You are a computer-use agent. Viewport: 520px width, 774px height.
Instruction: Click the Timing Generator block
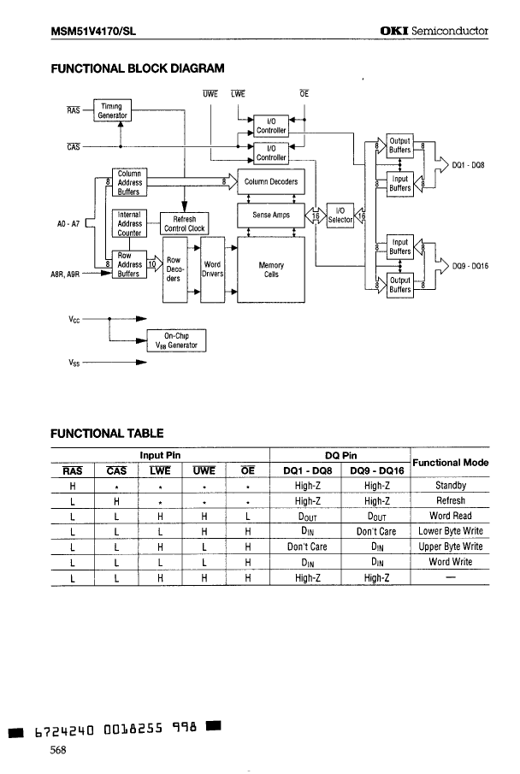109,109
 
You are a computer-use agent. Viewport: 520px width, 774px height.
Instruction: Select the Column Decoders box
271,181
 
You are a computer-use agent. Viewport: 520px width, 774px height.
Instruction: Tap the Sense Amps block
271,216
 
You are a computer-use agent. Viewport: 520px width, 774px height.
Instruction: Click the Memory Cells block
271,269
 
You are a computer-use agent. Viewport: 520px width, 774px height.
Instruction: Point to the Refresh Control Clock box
184,224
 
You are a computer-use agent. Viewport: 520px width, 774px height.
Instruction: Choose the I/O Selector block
340,215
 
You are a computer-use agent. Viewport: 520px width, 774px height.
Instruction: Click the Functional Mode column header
450,462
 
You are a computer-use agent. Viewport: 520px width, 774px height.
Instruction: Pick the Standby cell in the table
450,486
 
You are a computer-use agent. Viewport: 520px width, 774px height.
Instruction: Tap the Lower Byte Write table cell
450,531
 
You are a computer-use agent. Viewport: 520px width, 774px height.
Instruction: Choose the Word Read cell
450,516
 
